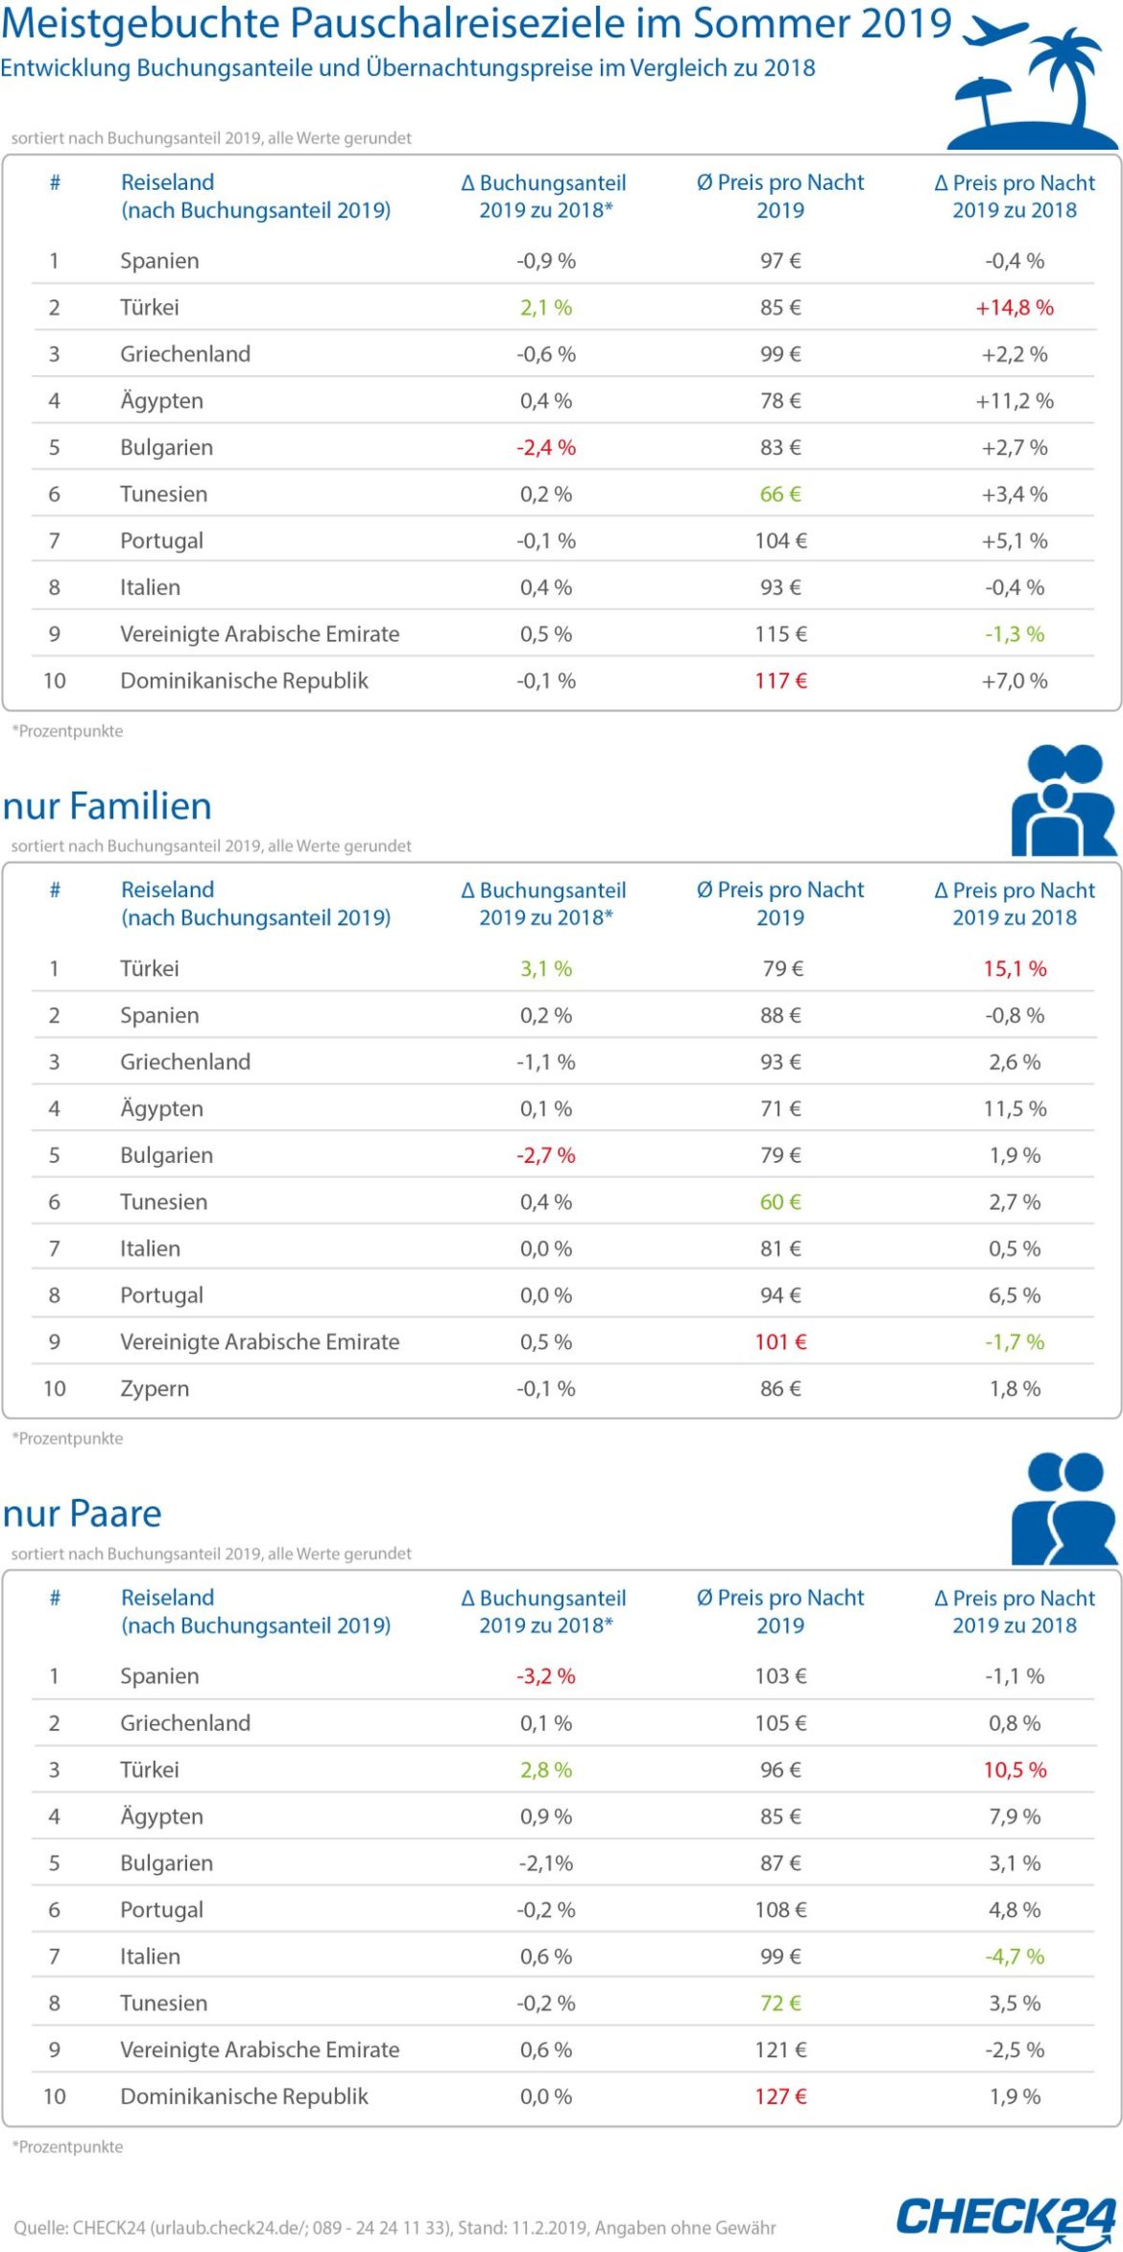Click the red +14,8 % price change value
pyautogui.click(x=1014, y=308)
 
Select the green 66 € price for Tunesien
pyautogui.click(x=780, y=494)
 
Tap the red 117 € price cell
pyautogui.click(x=780, y=681)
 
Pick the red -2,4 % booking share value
pyautogui.click(x=546, y=448)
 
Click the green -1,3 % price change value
pyautogui.click(x=1014, y=634)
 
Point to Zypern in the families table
pyautogui.click(x=155, y=1388)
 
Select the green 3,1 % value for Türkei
pyautogui.click(x=546, y=969)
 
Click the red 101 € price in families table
pyautogui.click(x=780, y=1342)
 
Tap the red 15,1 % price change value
pyautogui.click(x=1014, y=969)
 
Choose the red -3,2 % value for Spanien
pyautogui.click(x=546, y=1676)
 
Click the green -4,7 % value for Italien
pyautogui.click(x=1014, y=1956)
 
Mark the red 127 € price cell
pyautogui.click(x=780, y=2097)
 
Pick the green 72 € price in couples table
pyautogui.click(x=780, y=2003)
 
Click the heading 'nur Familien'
pyautogui.click(x=107, y=807)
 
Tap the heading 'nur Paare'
pyautogui.click(x=82, y=1514)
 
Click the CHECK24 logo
pyautogui.click(x=1006, y=2217)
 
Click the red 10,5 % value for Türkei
pyautogui.click(x=1014, y=1770)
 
